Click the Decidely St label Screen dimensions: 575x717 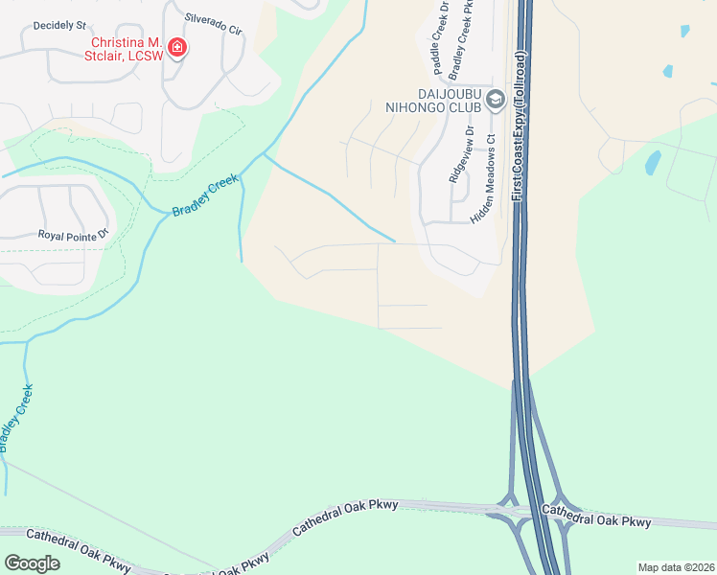(x=59, y=24)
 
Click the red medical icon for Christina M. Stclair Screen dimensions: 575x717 (x=175, y=47)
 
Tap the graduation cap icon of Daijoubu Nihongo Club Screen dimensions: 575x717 (x=495, y=100)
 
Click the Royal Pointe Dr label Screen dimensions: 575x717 (x=74, y=234)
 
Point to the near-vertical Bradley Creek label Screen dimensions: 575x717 (x=16, y=418)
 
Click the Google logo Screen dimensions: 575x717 (x=32, y=563)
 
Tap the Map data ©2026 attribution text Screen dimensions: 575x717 (x=675, y=567)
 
